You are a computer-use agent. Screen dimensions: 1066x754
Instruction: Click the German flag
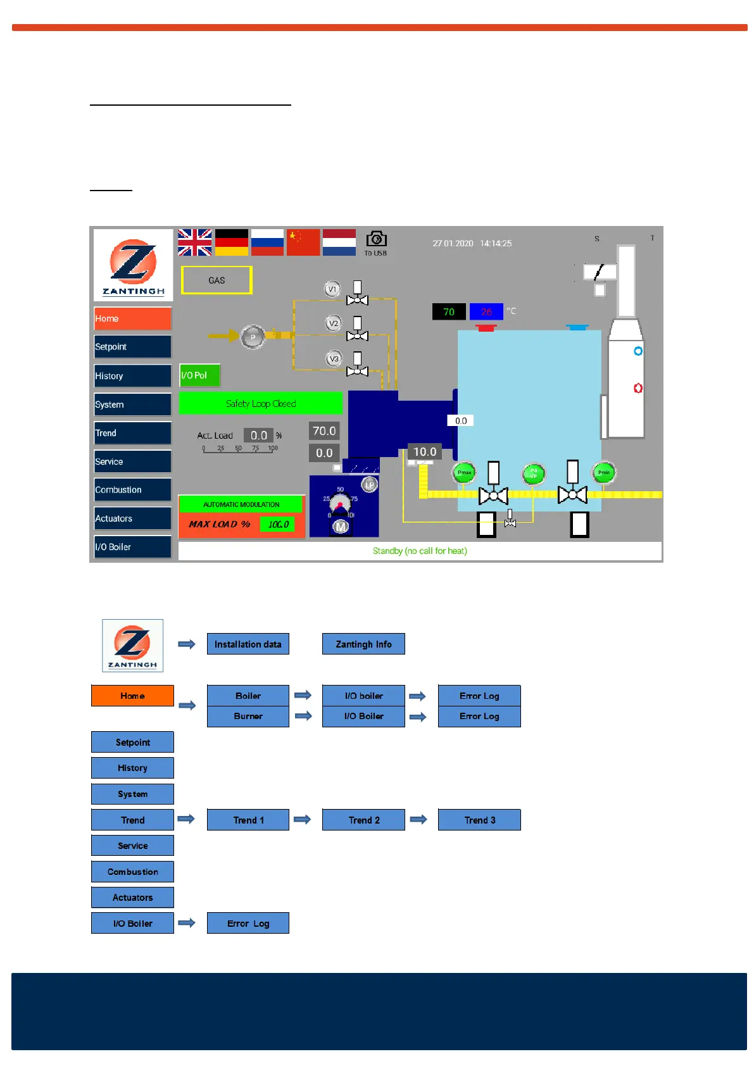(232, 242)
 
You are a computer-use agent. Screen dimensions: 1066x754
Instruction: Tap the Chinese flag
(303, 242)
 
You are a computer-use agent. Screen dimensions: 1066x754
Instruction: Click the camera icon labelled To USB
(376, 240)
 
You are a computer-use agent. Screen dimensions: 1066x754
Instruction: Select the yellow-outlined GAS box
(217, 280)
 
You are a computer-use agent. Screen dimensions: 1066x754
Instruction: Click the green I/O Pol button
(199, 375)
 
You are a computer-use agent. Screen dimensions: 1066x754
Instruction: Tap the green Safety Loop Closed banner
(260, 403)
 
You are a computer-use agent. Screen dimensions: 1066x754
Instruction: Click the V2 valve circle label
(333, 323)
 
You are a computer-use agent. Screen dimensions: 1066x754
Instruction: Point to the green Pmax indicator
(465, 473)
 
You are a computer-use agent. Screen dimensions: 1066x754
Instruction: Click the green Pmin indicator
(604, 472)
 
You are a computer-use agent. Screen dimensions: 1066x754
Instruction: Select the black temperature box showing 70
(449, 312)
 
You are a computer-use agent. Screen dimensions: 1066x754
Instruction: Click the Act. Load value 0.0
(258, 436)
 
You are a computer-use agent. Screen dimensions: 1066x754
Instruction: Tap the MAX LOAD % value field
(278, 524)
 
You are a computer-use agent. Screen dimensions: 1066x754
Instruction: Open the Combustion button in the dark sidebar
(132, 490)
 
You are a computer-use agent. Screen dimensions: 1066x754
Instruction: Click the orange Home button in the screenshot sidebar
(132, 318)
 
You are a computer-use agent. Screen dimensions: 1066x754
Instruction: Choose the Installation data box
(248, 644)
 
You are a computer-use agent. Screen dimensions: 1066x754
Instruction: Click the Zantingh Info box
(363, 644)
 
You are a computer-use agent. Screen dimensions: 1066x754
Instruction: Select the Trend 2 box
(363, 820)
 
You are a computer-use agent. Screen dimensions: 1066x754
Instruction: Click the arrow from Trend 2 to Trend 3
(418, 819)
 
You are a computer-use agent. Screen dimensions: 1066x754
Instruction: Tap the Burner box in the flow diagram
(248, 717)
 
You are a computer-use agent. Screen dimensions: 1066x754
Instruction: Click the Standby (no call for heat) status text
(420, 551)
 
